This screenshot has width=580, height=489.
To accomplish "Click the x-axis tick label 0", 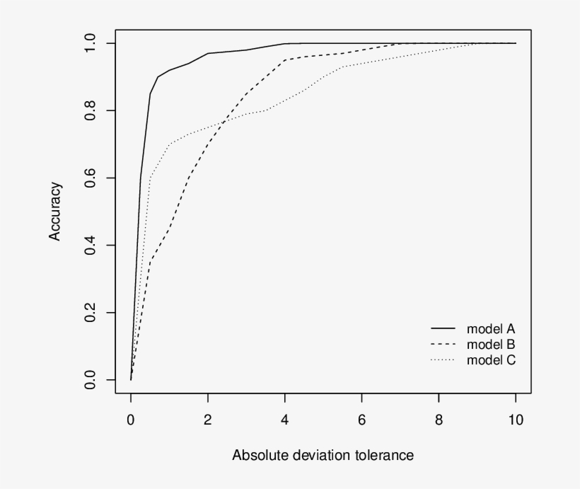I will [x=131, y=420].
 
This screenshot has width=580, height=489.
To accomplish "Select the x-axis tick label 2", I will [x=208, y=420].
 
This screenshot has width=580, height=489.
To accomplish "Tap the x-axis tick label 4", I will [x=285, y=420].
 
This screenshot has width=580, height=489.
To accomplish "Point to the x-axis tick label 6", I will [x=362, y=420].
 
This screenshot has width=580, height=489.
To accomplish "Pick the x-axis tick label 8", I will [x=439, y=420].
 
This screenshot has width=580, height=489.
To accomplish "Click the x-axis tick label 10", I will [x=516, y=420].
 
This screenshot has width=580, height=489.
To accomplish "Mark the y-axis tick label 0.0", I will [x=90, y=380].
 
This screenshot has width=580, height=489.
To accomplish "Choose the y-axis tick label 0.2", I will [x=90, y=313].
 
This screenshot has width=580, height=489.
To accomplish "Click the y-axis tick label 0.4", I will [x=90, y=246].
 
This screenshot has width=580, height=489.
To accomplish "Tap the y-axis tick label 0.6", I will [x=90, y=178].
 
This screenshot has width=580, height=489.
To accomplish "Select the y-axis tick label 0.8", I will [x=90, y=111].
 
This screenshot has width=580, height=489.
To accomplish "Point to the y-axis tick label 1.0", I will [x=90, y=44].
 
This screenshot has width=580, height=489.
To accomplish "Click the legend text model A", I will [x=490, y=329].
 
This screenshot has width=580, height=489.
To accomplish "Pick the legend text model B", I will [x=490, y=345].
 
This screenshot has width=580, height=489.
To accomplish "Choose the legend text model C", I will [x=490, y=360].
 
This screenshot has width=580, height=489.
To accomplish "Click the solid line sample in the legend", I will [x=443, y=329].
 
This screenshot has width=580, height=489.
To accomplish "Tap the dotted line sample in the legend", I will [x=443, y=360].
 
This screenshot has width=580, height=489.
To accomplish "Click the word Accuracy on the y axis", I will [x=55, y=212].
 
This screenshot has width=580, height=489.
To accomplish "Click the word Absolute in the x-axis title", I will [x=256, y=455].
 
